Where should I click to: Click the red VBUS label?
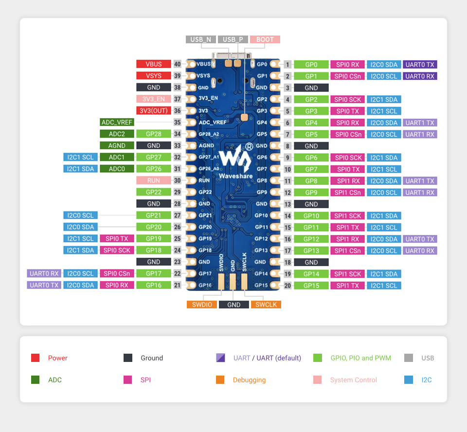tap(154, 64)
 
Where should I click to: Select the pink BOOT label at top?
tap(265, 39)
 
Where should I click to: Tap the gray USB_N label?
tap(200, 39)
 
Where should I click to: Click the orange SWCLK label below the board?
tap(266, 305)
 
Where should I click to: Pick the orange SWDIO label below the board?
tap(201, 305)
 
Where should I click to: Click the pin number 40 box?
tap(178, 64)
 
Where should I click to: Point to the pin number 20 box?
tap(287, 286)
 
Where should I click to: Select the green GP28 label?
tap(154, 134)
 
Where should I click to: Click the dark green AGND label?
tap(117, 145)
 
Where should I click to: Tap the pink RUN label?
tap(154, 180)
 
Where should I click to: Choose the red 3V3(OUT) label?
tap(154, 110)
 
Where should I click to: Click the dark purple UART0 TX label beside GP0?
tap(420, 64)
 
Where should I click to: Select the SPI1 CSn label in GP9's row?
tap(348, 193)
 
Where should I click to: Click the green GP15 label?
tap(311, 286)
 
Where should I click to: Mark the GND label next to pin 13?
tap(311, 204)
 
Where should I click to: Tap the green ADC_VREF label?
tap(117, 123)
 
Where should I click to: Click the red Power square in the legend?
tap(35, 358)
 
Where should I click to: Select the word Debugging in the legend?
tap(249, 380)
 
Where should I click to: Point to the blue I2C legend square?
tap(409, 380)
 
